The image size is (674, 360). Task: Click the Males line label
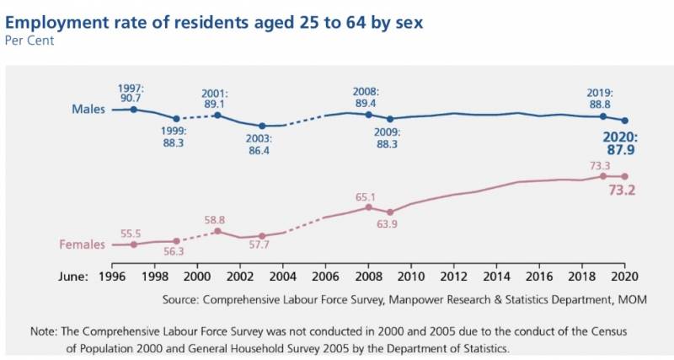point(88,110)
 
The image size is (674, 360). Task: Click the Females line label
point(82,245)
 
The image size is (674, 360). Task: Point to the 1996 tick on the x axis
point(112,276)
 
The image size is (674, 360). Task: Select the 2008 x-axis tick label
point(368,276)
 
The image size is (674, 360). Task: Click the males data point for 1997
point(133,110)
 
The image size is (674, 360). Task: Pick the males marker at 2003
point(262,126)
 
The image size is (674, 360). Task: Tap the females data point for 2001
point(218,231)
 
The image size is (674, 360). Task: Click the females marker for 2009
point(390,212)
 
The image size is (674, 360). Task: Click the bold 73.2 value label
point(621,191)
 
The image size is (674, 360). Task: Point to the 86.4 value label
point(261,150)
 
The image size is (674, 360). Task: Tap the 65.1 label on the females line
point(366,197)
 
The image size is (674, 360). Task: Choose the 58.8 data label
point(215,220)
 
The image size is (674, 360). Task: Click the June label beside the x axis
point(73,276)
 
